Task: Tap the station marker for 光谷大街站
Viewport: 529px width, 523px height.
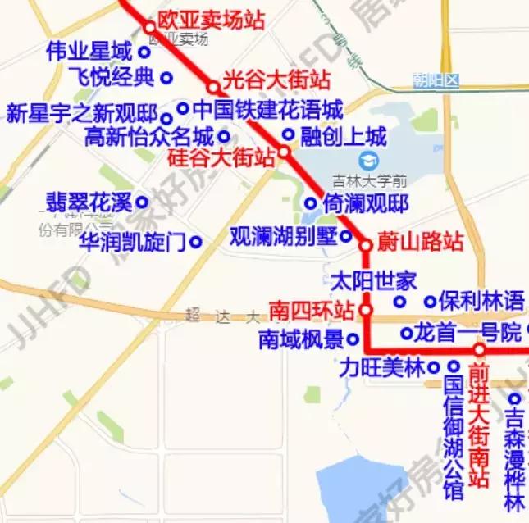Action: pyautogui.click(x=213, y=86)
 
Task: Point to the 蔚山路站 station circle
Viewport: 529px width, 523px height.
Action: pyautogui.click(x=367, y=243)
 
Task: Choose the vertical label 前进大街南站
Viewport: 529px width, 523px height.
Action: pyautogui.click(x=480, y=425)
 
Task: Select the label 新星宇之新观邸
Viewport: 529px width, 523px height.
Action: pyautogui.click(x=83, y=113)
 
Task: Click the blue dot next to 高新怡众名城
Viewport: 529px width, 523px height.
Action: pyautogui.click(x=224, y=136)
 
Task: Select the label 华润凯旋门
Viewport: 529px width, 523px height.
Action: pyautogui.click(x=133, y=242)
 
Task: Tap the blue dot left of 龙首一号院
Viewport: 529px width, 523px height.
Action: pyautogui.click(x=406, y=334)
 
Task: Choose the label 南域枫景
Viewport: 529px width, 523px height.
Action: pyautogui.click(x=300, y=339)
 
